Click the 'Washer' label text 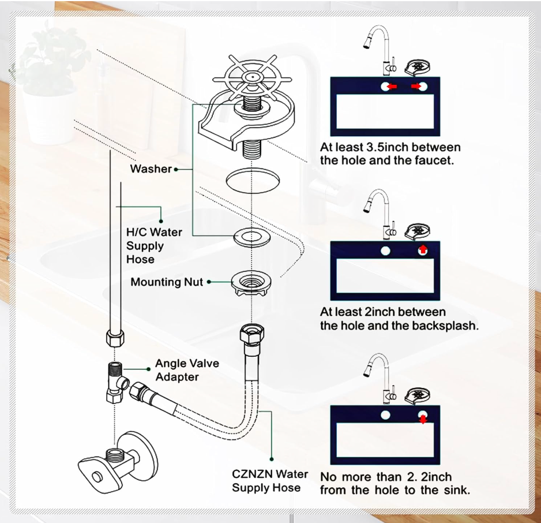coord(151,169)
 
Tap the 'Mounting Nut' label coord(167,282)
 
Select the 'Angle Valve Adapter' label coord(186,370)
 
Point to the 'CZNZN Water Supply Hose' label coord(269,481)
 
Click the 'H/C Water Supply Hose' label coord(153,245)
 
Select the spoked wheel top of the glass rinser coord(252,77)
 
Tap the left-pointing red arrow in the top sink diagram coord(392,87)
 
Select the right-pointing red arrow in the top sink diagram coord(416,87)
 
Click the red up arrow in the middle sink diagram coord(423,250)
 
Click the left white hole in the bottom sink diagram coord(385,415)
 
